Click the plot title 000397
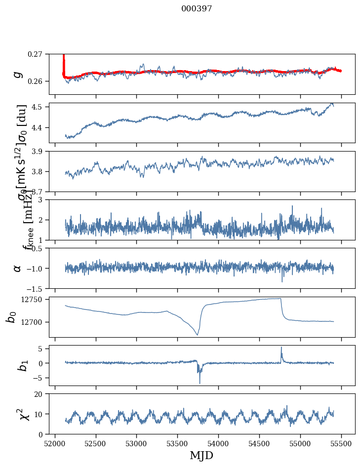(197, 9)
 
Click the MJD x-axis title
(201, 455)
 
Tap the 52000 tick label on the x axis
(55, 443)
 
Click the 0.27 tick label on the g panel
(36, 54)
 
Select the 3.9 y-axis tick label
(39, 151)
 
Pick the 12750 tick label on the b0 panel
(32, 300)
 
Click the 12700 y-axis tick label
(32, 322)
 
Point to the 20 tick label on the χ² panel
(40, 394)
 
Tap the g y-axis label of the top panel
(18, 74)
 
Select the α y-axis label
(17, 268)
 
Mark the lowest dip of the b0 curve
(197, 335)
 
